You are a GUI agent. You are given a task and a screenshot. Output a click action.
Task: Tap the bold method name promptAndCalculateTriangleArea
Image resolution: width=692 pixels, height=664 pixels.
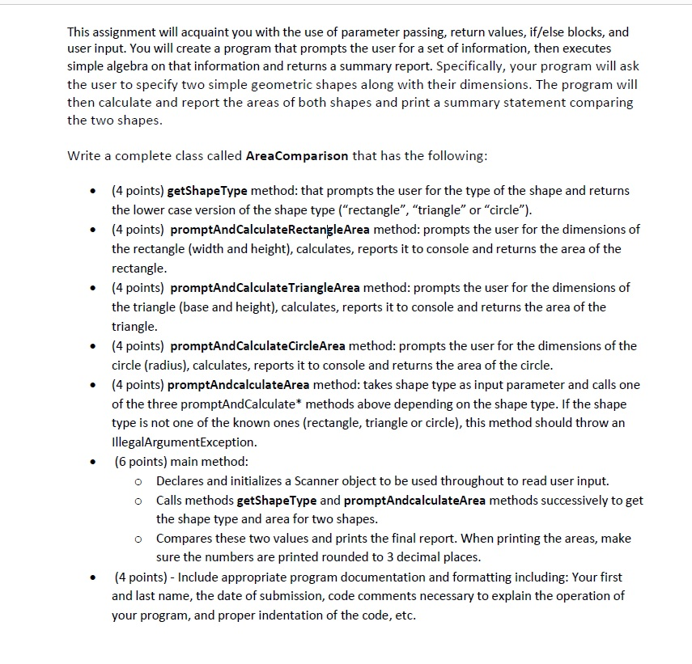point(265,287)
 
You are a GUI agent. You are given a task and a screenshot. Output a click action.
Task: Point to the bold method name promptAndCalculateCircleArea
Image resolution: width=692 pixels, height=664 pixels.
point(258,345)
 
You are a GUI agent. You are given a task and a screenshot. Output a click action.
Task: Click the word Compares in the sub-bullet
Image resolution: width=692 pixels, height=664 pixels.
point(184,538)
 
